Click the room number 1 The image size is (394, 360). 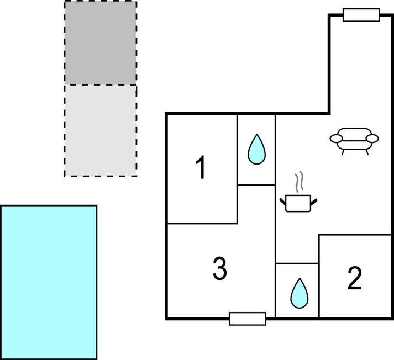tap(201, 167)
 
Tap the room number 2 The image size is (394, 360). tap(355, 278)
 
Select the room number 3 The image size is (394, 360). tap(220, 268)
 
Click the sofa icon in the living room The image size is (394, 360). tap(354, 141)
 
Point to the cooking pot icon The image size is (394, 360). tap(298, 203)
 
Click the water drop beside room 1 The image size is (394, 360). tap(256, 150)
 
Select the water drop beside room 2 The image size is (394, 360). tap(300, 293)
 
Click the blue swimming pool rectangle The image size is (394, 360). tap(49, 283)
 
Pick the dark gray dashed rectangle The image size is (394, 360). tap(101, 43)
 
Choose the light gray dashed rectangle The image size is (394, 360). tap(101, 131)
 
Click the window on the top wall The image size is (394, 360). tap(361, 15)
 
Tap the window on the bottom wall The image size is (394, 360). tap(248, 319)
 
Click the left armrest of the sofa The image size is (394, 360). tap(336, 139)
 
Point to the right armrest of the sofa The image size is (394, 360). tap(372, 139)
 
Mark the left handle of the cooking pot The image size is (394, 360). tap(283, 202)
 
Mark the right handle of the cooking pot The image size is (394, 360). tap(314, 202)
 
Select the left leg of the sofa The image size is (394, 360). tap(343, 152)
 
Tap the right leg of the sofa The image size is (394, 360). tap(367, 152)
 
